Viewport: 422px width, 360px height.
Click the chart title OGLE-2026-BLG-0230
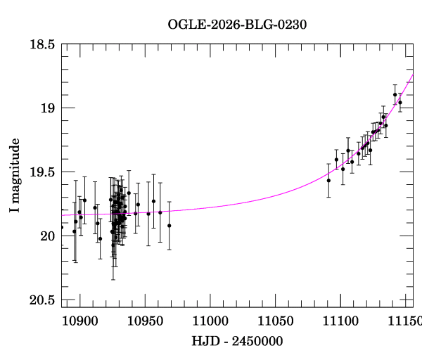pyautogui.click(x=237, y=24)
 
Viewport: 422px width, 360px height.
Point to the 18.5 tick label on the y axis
pyautogui.click(x=41, y=44)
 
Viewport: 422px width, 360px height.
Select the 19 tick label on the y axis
pyautogui.click(x=46, y=108)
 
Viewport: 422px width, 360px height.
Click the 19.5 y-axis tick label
pyautogui.click(x=41, y=172)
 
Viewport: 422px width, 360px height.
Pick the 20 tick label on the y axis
pyautogui.click(x=46, y=236)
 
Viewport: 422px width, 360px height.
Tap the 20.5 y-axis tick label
pyautogui.click(x=41, y=300)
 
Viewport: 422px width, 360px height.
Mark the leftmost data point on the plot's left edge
pyautogui.click(x=62, y=227)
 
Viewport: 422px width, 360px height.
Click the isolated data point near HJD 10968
pyautogui.click(x=169, y=226)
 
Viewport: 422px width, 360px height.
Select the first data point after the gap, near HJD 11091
pyautogui.click(x=328, y=181)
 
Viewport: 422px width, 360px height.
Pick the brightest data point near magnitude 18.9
pyautogui.click(x=395, y=95)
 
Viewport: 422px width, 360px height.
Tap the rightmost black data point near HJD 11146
pyautogui.click(x=400, y=103)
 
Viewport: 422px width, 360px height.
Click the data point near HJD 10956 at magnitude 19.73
pyautogui.click(x=153, y=201)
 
